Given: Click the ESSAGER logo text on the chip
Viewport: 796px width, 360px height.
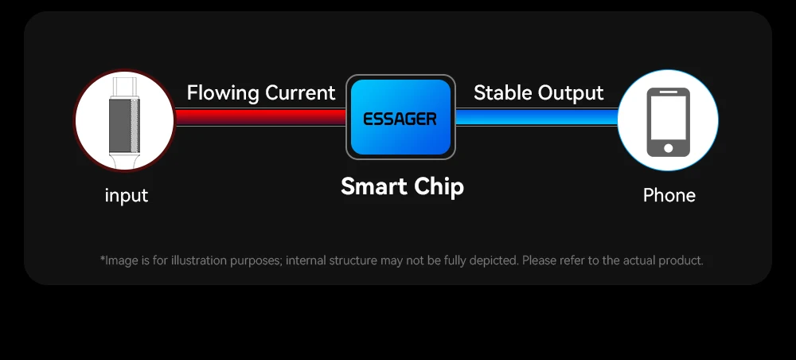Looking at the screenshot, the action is (400, 119).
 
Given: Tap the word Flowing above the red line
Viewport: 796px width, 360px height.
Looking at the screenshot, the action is (224, 93).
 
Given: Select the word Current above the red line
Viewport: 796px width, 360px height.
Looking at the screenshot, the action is (301, 93).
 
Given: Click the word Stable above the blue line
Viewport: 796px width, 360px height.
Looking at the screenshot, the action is (502, 93).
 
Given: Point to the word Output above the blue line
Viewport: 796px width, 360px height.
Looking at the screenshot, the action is (571, 93).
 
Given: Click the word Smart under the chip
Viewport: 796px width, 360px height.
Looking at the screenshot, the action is (373, 186).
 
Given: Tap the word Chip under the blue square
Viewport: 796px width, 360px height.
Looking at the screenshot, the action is (439, 187).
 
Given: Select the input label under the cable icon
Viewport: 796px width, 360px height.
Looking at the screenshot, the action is (127, 195).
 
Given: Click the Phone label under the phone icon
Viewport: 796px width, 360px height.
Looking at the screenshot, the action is (669, 195).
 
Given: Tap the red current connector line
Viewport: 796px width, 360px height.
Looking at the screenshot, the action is (261, 117).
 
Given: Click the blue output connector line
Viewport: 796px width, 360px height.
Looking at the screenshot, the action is (537, 117).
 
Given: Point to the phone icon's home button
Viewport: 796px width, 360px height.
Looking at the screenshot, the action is (668, 148).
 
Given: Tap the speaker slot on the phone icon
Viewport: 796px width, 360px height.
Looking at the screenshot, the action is (668, 92).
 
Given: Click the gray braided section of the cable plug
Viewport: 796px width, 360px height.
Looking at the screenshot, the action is (124, 125).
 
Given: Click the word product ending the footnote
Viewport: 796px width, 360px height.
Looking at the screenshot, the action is (681, 261).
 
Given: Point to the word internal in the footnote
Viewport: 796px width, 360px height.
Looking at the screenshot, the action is (306, 260).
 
